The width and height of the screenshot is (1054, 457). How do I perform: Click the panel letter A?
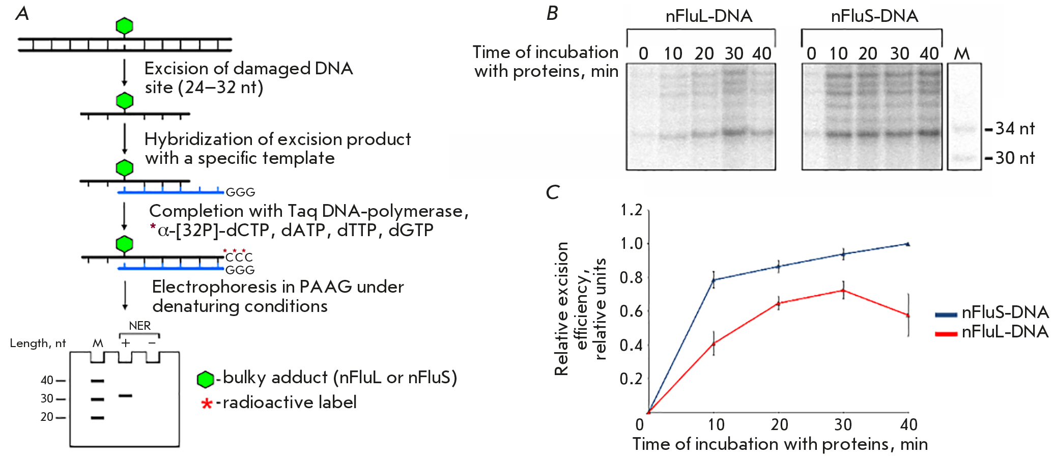(x=22, y=14)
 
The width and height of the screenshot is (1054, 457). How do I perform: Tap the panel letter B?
(x=552, y=13)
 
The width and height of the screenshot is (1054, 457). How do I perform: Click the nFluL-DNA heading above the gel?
(x=708, y=16)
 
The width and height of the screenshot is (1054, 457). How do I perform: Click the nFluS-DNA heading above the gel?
(x=874, y=16)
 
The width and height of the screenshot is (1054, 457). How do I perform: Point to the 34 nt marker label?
(x=1014, y=129)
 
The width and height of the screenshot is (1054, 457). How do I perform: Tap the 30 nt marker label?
(x=1014, y=158)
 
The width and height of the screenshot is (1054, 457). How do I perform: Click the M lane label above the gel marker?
(x=961, y=53)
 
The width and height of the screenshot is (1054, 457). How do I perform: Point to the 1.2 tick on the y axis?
(x=631, y=210)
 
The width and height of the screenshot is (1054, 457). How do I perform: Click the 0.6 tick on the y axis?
(x=631, y=311)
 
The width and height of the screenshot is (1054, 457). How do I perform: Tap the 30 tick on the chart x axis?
(x=843, y=424)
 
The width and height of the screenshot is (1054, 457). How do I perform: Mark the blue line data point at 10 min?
(x=714, y=280)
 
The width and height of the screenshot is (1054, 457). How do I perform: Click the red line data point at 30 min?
(x=843, y=291)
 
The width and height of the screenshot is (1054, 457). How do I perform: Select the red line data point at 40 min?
(x=908, y=316)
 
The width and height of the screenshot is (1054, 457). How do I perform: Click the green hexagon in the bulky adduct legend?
(x=205, y=379)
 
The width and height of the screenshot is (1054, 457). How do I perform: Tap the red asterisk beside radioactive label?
(x=207, y=404)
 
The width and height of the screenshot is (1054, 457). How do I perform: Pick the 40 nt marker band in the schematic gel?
(x=97, y=381)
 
